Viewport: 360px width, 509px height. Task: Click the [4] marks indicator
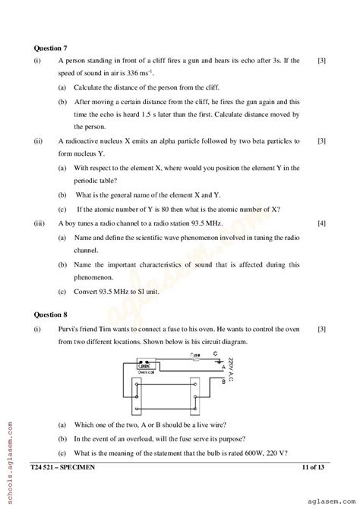coord(321,223)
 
